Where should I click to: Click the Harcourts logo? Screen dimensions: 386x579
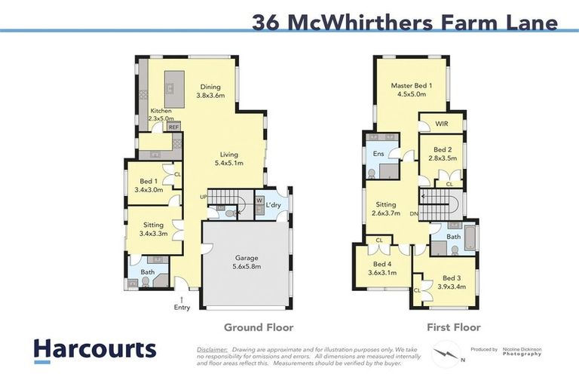click(94, 349)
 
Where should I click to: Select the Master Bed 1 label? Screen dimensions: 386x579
click(411, 90)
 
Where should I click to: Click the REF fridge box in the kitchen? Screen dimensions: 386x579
click(173, 127)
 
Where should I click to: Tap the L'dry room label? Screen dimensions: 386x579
click(274, 205)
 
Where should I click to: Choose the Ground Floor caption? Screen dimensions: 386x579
click(258, 327)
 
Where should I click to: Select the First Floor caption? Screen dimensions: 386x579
click(453, 327)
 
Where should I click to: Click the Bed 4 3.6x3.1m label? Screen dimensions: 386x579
click(381, 268)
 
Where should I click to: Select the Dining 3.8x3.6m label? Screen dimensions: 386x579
click(210, 91)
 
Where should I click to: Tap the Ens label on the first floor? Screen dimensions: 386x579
click(378, 154)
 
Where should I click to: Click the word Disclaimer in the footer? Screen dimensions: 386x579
click(212, 350)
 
